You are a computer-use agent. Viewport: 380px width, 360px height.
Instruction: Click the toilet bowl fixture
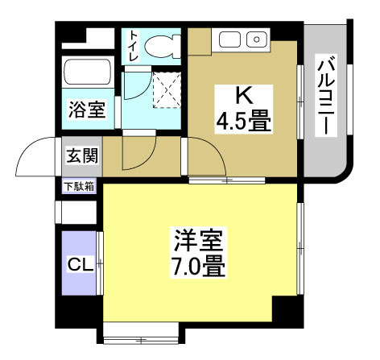pos(166,45)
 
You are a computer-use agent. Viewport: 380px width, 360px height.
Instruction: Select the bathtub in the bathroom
pos(88,77)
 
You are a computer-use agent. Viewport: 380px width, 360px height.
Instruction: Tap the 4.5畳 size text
pos(242,122)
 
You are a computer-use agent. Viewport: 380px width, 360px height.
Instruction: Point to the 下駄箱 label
pos(78,187)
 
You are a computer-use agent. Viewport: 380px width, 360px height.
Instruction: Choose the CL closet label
pos(78,264)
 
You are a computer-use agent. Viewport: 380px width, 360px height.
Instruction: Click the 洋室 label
pos(198,239)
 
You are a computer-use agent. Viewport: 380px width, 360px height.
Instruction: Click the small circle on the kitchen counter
pos(257,38)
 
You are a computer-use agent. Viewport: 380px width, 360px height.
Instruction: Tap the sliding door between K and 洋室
pos(226,180)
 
